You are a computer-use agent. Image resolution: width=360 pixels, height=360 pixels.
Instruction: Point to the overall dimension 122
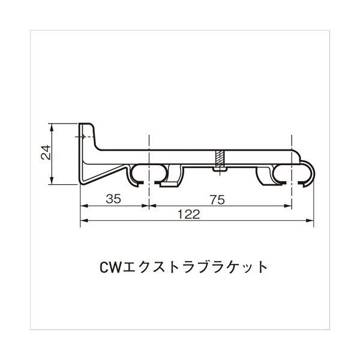tap(188, 215)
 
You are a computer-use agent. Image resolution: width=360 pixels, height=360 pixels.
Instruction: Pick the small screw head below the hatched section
tap(219, 170)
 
